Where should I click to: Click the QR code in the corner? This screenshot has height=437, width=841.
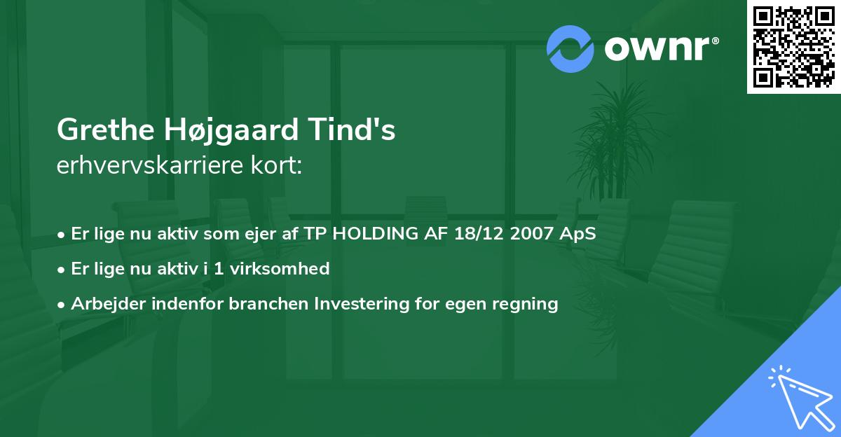[794, 46]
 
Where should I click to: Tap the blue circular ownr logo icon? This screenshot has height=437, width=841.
[571, 48]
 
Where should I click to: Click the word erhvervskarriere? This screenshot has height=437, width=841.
[149, 166]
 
